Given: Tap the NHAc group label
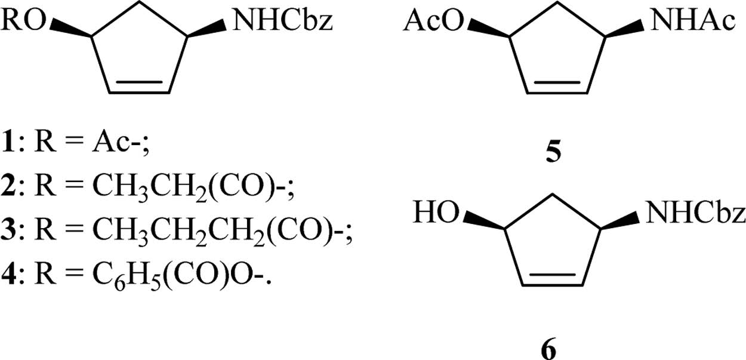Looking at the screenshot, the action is coord(692,22).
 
